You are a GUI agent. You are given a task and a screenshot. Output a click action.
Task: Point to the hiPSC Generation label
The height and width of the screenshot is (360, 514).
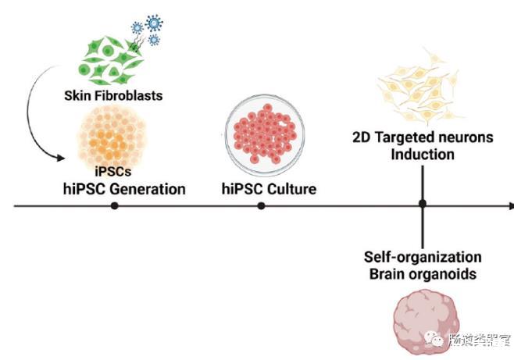(x=124, y=188)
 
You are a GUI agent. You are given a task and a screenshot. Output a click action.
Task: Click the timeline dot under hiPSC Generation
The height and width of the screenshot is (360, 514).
(x=115, y=206)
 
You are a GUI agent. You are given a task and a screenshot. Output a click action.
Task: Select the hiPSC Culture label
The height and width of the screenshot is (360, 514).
(x=262, y=188)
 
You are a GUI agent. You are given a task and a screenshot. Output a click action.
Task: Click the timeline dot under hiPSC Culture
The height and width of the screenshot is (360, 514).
(x=261, y=206)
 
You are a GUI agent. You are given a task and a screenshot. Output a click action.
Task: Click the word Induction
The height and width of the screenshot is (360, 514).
(x=423, y=154)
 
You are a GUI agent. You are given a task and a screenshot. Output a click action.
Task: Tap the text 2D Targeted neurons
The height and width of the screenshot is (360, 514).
(x=423, y=138)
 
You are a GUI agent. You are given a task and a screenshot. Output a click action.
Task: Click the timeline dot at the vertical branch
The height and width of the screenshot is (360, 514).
(x=422, y=205)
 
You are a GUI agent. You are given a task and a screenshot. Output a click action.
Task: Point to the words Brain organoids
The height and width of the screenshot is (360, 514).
(x=423, y=273)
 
